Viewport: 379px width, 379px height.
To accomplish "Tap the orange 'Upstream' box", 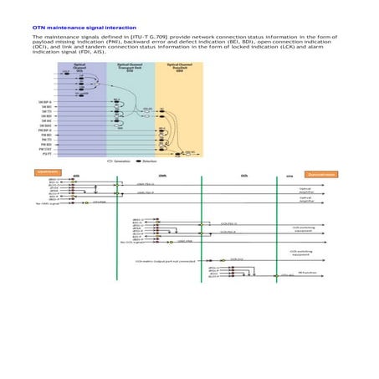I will [44, 172].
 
